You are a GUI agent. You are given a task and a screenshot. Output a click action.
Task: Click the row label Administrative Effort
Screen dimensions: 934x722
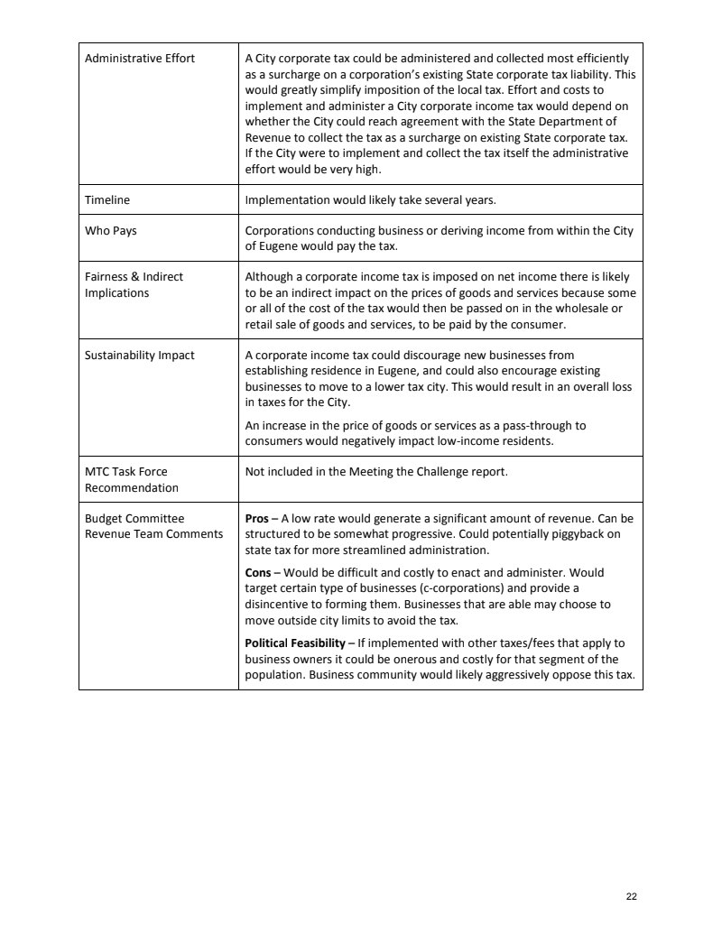click(140, 59)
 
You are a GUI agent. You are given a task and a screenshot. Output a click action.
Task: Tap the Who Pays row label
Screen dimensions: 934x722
click(111, 231)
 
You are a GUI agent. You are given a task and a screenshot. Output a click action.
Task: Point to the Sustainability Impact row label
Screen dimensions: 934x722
click(140, 355)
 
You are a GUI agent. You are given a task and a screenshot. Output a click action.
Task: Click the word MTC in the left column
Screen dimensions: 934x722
click(97, 471)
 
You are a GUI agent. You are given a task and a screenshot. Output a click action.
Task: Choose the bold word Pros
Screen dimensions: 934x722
click(257, 519)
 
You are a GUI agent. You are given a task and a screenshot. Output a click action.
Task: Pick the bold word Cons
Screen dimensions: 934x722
click(259, 572)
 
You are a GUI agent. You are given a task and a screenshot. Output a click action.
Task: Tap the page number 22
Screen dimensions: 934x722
click(631, 896)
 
